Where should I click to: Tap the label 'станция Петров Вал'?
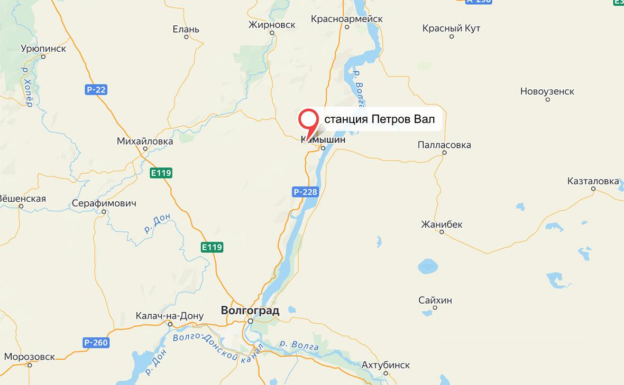pos(379,120)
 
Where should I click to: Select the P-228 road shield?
pos(306,192)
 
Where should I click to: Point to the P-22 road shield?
pos(96,90)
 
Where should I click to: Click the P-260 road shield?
pos(96,343)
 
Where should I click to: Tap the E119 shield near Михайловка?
pos(161,172)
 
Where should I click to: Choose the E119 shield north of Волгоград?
pos(212,247)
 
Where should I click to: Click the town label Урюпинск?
pos(43,49)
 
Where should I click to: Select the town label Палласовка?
pos(444,145)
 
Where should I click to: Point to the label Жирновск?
pos(272,24)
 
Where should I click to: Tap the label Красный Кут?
pos(451,29)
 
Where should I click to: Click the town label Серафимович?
pos(104,203)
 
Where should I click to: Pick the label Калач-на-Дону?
pos(169,316)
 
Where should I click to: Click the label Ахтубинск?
pos(386,365)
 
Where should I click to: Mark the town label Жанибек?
pos(442,224)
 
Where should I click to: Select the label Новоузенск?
pos(547,91)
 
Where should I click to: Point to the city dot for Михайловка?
pos(145,149)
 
